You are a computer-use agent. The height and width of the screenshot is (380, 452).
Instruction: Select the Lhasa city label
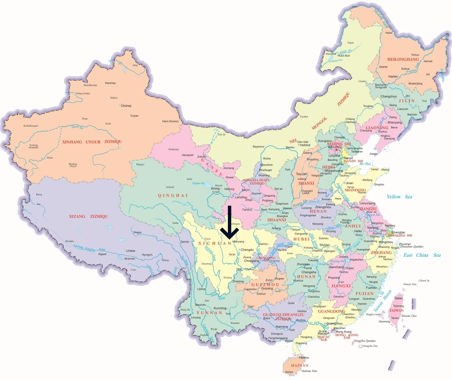pyautogui.click(x=130, y=251)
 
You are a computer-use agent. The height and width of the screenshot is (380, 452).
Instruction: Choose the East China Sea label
pyautogui.click(x=422, y=255)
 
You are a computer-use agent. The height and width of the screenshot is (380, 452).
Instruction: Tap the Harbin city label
pyautogui.click(x=393, y=76)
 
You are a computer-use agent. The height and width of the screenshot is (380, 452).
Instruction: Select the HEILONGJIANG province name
pyautogui.click(x=406, y=60)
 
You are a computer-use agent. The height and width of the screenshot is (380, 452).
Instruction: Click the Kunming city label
pyautogui.click(x=220, y=308)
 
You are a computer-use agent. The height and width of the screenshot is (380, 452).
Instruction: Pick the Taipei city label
pyautogui.click(x=398, y=298)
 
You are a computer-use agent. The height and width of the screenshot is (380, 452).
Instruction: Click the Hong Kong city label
pyautogui.click(x=343, y=332)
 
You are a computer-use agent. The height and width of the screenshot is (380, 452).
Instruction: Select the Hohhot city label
pyautogui.click(x=305, y=145)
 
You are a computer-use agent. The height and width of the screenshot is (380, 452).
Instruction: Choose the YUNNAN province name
pyautogui.click(x=209, y=313)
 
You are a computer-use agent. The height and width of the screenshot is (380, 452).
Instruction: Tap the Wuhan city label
pyautogui.click(x=325, y=245)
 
